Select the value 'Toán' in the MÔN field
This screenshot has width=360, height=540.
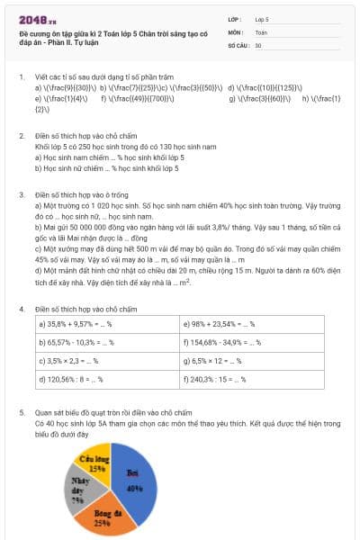click(x=261, y=31)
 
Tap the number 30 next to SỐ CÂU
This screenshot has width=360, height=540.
click(x=259, y=45)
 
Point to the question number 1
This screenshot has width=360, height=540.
click(x=22, y=77)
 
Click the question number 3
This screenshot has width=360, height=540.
click(x=22, y=194)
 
